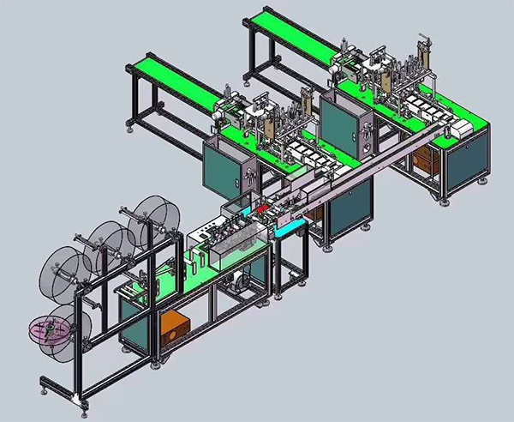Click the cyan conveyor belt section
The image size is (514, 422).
coord(292,225)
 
